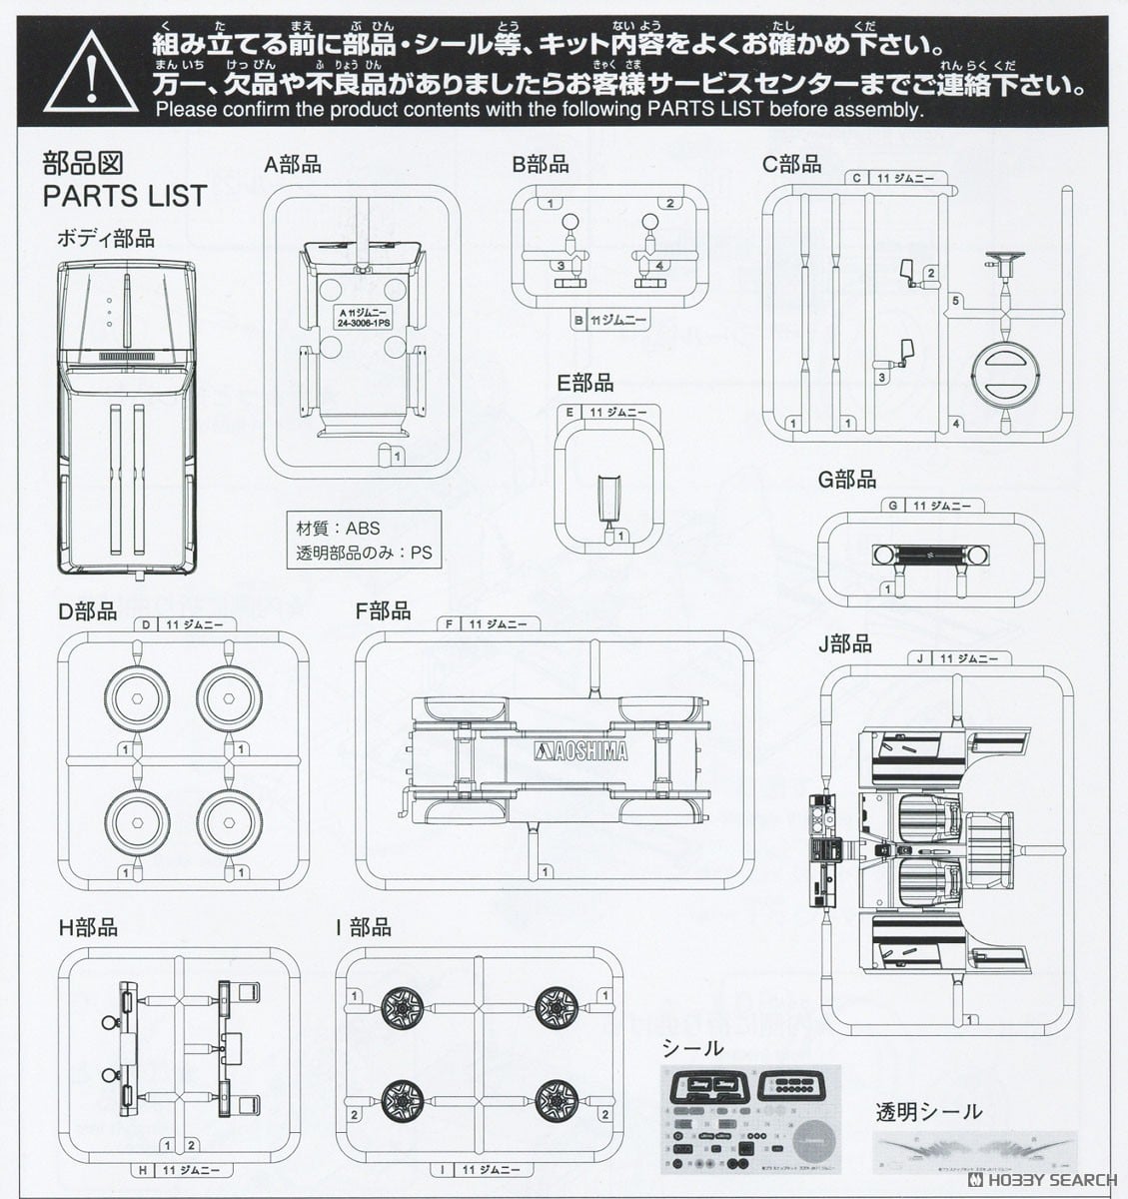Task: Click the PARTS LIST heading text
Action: pyautogui.click(x=124, y=196)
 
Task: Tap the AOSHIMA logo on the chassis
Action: pyautogui.click(x=583, y=751)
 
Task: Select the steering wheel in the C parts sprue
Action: pyautogui.click(x=998, y=265)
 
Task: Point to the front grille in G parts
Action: pyautogui.click(x=918, y=556)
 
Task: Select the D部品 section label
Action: pyautogui.click(x=87, y=610)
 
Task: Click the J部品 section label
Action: pyautogui.click(x=844, y=644)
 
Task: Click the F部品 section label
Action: pyautogui.click(x=384, y=610)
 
